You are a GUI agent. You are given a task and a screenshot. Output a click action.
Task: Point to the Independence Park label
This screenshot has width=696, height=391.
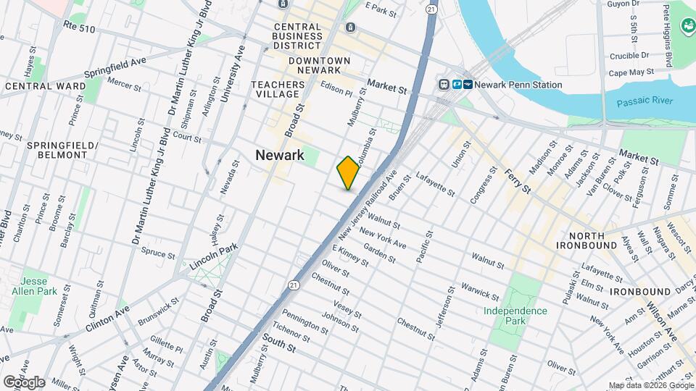click(515, 316)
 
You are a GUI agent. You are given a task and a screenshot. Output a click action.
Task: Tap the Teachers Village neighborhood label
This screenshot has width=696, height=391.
click(275, 89)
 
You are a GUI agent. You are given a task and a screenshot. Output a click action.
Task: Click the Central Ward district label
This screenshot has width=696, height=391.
click(39, 85)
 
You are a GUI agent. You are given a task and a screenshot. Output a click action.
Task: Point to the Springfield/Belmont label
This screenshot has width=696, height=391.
click(62, 150)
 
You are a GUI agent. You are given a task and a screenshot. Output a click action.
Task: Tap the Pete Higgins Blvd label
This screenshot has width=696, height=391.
click(667, 35)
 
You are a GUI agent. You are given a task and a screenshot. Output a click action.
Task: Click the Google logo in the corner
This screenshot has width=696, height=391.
click(23, 382)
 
